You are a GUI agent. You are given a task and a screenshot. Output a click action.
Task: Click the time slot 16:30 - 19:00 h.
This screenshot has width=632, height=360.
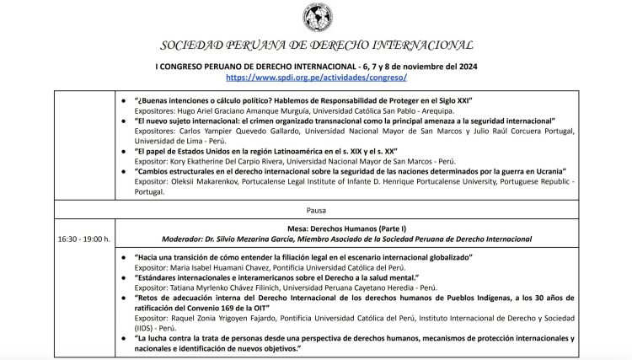[84, 239]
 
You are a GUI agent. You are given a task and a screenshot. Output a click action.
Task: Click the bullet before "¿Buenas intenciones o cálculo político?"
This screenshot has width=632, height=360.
[125, 100]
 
